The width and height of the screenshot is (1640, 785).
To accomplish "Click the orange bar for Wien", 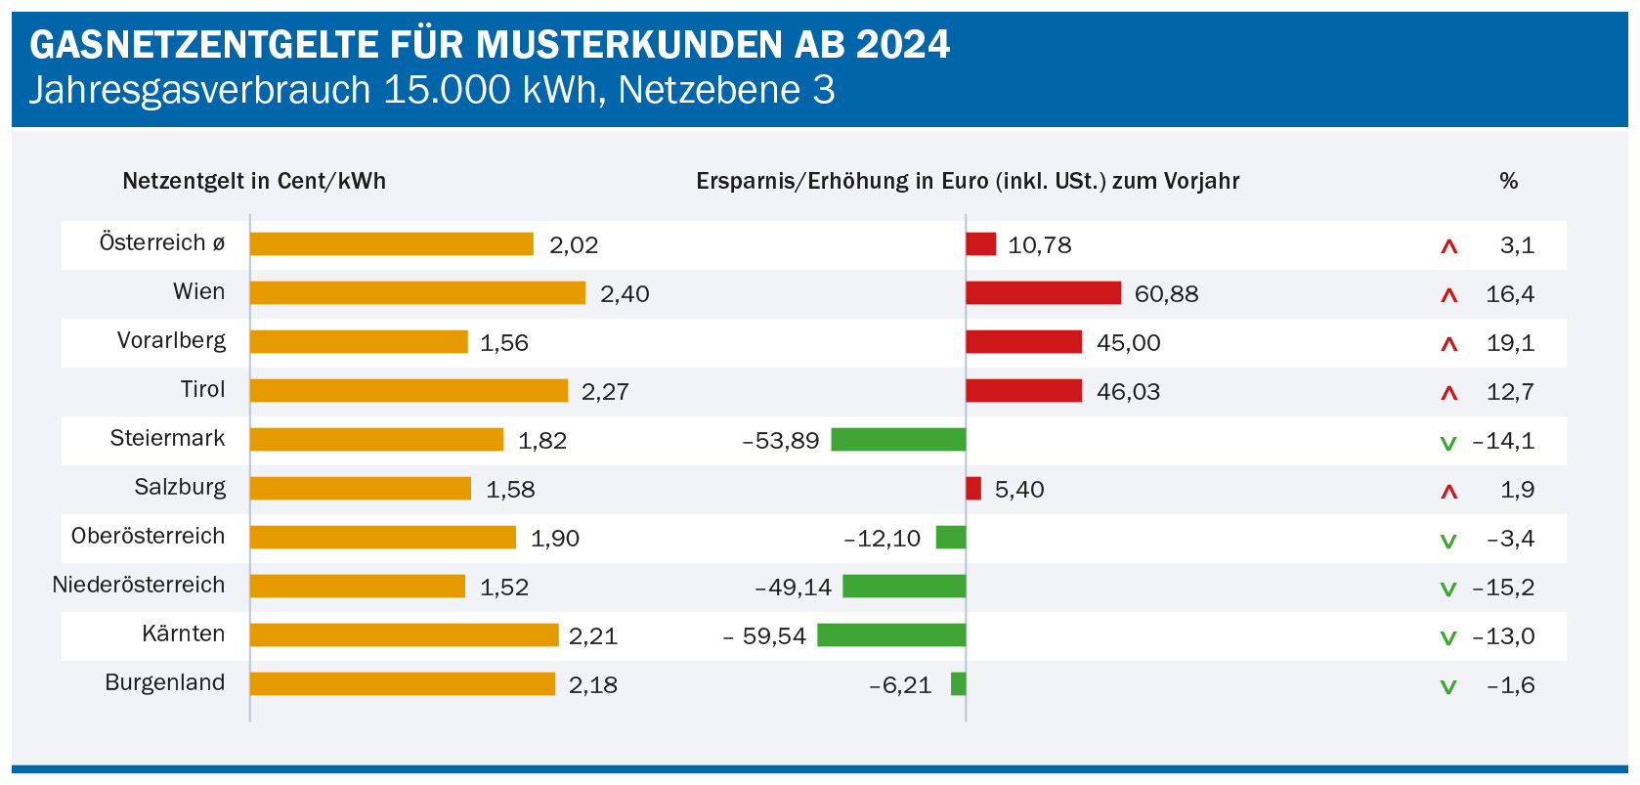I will coord(417,293).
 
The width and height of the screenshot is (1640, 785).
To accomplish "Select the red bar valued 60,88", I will coord(1043,293).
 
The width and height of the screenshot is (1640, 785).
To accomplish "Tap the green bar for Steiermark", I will coord(898,440).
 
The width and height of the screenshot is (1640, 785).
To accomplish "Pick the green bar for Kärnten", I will coord(891,635).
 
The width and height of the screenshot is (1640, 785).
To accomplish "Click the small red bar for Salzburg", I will coord(973,489).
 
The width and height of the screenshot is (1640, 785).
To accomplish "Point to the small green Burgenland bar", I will coord(959,684).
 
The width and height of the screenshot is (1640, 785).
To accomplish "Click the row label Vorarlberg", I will coord(171,341).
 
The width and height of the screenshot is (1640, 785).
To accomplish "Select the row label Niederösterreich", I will coord(139,586).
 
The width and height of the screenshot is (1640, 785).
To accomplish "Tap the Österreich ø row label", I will coord(162,243).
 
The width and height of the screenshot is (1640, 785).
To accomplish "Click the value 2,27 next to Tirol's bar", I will coord(605,392).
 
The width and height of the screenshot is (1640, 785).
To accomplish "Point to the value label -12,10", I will coord(883,539).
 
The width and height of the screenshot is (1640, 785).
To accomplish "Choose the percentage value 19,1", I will coord(1510,343).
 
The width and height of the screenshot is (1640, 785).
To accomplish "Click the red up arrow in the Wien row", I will coord(1449,295).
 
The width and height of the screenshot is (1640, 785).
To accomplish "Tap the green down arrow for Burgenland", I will coord(1448,687).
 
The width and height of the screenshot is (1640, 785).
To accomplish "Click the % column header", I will coord(1508,181).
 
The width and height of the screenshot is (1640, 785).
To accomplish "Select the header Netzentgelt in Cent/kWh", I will coord(254,181).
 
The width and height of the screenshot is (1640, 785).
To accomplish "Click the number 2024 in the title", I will coord(903,45).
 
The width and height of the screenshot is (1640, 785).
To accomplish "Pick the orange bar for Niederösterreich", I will coord(358,587).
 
